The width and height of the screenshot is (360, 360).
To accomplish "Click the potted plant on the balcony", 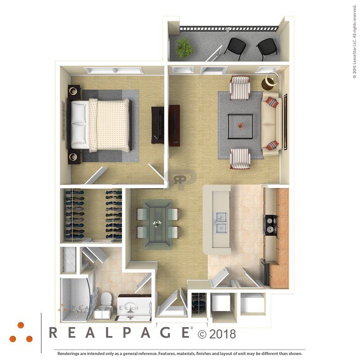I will [184, 47].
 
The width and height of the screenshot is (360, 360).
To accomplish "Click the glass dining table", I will [157, 224].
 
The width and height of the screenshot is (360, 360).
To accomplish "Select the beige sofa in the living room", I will [271, 123].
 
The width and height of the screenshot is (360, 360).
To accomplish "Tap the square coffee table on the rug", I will [240, 126].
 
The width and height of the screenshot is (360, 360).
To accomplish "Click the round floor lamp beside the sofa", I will [271, 81].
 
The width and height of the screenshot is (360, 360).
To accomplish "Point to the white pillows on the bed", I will [79, 124].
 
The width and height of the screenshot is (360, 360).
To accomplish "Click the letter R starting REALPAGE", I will [53, 333].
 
